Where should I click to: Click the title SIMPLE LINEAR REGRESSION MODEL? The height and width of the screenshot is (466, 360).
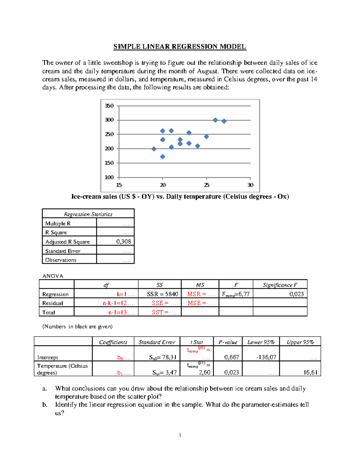(x=180, y=47)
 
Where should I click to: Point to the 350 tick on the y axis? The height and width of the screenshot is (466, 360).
(x=109, y=106)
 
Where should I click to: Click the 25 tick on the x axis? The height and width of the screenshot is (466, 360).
(x=207, y=185)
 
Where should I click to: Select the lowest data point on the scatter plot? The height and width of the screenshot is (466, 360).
(x=163, y=157)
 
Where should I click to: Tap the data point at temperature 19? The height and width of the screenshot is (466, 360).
(x=154, y=149)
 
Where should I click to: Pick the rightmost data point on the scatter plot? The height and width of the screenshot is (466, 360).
(x=224, y=121)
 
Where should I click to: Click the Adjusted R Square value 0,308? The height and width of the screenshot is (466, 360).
(x=124, y=242)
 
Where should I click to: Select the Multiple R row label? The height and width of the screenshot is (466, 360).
(x=58, y=224)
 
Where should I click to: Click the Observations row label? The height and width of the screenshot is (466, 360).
(x=61, y=260)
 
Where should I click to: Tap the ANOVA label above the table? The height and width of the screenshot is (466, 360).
(x=53, y=276)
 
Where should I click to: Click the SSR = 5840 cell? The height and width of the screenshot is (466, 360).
(x=162, y=294)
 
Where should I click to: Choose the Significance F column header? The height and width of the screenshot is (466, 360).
(x=280, y=285)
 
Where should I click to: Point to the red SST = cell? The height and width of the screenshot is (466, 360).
(x=165, y=312)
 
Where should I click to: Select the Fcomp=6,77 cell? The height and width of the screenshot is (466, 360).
(x=235, y=294)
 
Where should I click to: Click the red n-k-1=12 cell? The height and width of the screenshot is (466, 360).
(x=118, y=303)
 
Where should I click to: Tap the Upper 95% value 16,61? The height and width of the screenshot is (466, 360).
(x=310, y=372)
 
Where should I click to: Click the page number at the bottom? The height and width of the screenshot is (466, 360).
(x=180, y=435)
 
